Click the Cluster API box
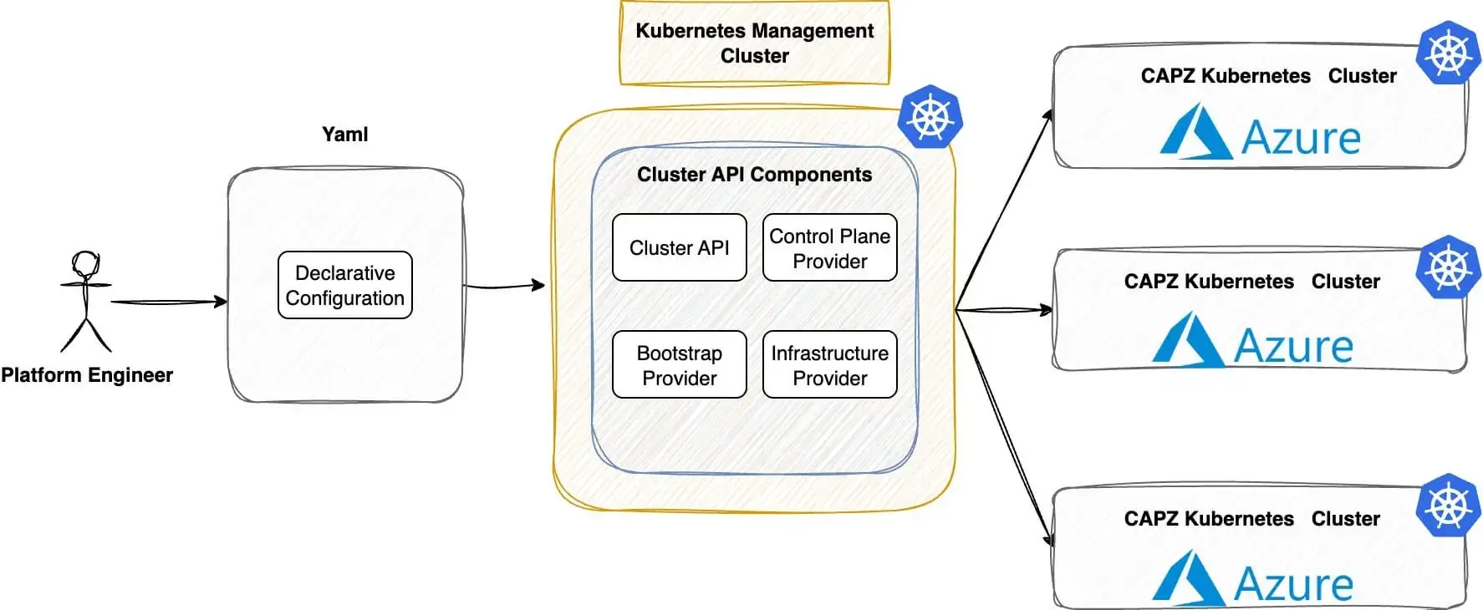[679, 247]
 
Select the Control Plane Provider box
[829, 248]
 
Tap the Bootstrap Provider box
[679, 365]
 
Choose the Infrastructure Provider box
[829, 365]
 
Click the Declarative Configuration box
[344, 285]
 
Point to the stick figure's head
[85, 264]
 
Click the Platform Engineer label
[87, 375]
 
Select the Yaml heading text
[344, 135]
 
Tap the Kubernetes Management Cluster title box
[754, 43]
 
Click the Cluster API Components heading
[754, 175]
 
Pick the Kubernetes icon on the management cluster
[930, 116]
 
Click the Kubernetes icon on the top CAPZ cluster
[1449, 53]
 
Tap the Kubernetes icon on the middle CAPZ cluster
[1449, 268]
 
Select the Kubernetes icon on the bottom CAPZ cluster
[1449, 506]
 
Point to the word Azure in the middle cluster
[1293, 345]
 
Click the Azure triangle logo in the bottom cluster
[1188, 578]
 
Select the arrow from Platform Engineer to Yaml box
[167, 302]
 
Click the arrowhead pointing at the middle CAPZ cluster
[1045, 310]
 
